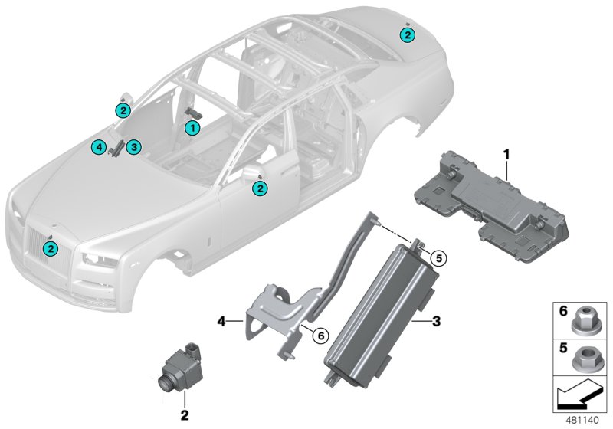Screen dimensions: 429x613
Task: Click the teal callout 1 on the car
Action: [192, 127]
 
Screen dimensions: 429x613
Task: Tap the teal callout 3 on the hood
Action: [133, 146]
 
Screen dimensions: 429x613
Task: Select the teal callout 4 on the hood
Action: [97, 146]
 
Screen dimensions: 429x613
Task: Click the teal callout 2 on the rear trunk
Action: [408, 34]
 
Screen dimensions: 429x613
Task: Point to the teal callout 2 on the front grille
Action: [51, 248]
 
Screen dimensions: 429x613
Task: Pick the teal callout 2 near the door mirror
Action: [261, 187]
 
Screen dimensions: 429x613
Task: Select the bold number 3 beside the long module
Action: [436, 322]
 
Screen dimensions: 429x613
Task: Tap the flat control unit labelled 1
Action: [490, 199]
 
